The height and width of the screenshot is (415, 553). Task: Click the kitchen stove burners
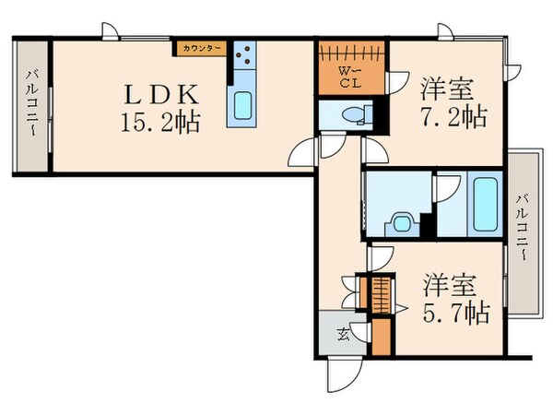point(246,61)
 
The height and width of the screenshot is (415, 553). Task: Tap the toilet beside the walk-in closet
point(355,114)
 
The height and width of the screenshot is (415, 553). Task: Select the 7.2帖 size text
point(453,117)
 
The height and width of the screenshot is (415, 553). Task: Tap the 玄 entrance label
point(342,335)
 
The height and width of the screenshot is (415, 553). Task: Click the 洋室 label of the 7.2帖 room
point(447,90)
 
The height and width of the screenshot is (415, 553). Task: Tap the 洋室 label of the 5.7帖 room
point(449,281)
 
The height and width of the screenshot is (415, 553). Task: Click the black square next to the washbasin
point(426,224)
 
